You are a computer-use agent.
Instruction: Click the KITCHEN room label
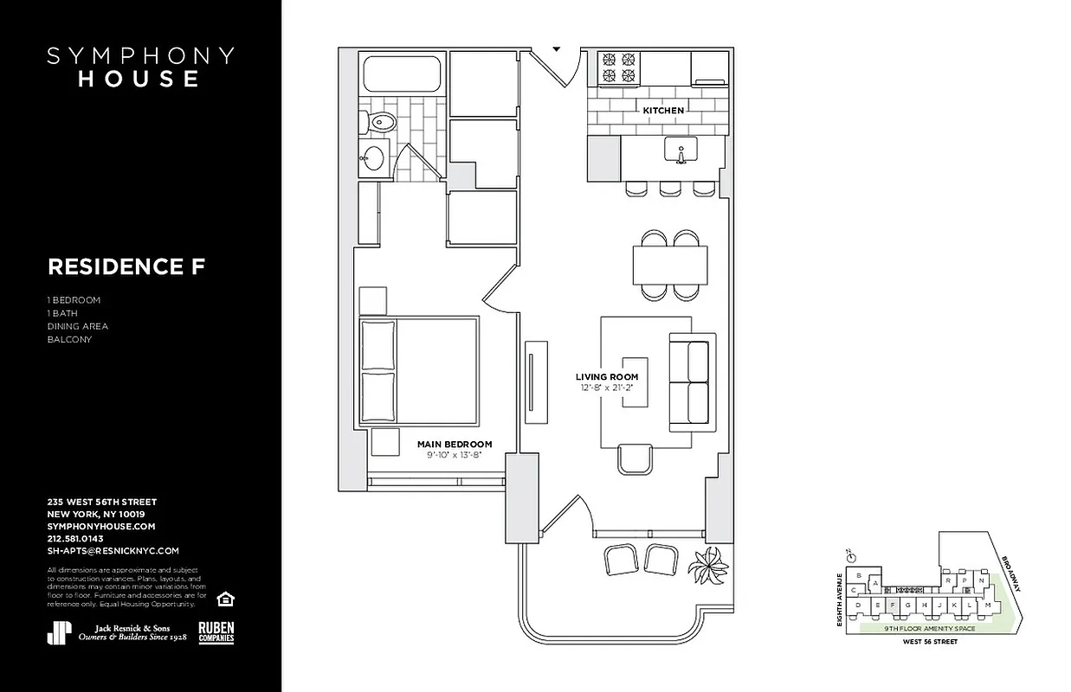(662, 111)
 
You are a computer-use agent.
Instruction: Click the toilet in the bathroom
(380, 123)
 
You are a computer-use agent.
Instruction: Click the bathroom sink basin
(375, 158)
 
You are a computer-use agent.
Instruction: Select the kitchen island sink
(681, 151)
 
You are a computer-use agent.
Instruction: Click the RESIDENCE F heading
(126, 267)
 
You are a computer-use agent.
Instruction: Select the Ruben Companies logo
(216, 632)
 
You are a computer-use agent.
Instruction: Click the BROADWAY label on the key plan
(1011, 573)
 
